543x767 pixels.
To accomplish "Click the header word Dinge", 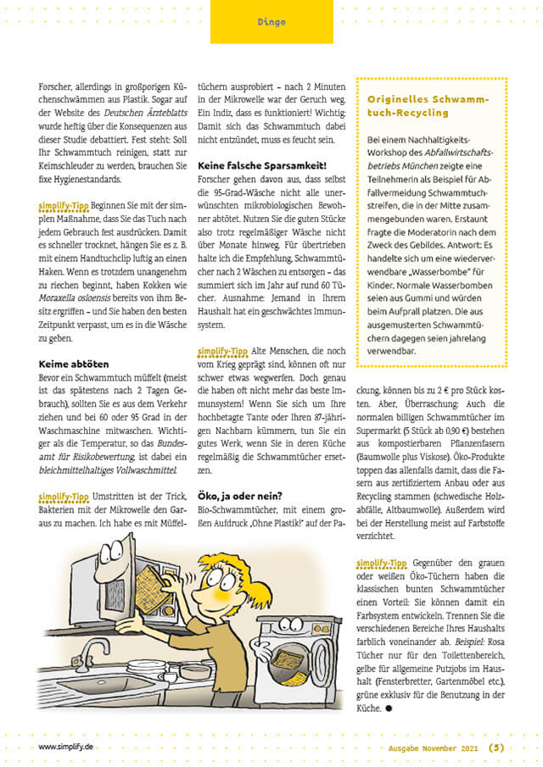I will click(271, 22).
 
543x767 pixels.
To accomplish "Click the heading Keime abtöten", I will click(71, 364).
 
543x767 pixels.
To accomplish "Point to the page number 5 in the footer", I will click(496, 748).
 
